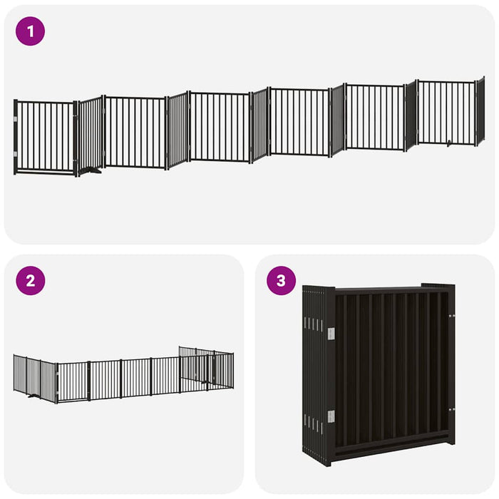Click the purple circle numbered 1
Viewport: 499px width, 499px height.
(30, 31)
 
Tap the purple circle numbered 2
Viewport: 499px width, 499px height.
(30, 281)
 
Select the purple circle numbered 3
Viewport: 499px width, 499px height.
(281, 281)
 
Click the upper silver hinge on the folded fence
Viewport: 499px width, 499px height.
(331, 333)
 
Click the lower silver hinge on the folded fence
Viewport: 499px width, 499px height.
(331, 416)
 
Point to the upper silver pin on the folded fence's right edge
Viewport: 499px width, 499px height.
(450, 314)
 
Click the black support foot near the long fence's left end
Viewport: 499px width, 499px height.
(91, 170)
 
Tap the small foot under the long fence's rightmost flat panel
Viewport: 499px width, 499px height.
(449, 144)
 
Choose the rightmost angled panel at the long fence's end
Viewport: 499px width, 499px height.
(480, 110)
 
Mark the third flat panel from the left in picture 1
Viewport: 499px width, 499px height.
(219, 126)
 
